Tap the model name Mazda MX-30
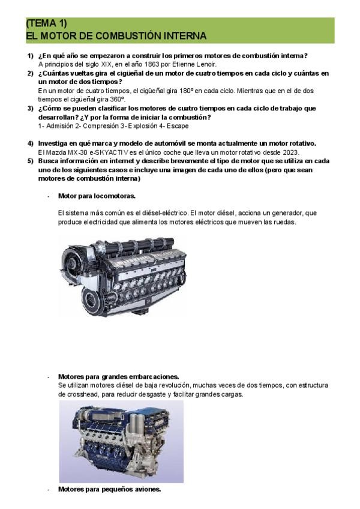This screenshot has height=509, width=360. point(62,152)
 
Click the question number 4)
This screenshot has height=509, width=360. point(30,143)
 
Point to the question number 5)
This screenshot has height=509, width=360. point(30,161)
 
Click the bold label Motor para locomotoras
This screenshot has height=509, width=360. point(97,196)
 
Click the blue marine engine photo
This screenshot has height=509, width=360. point(121,441)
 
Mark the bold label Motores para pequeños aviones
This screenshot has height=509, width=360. point(109,489)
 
